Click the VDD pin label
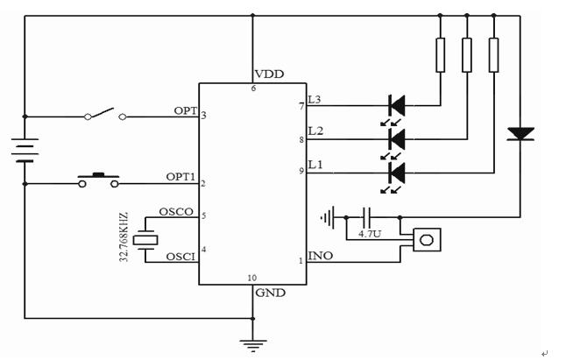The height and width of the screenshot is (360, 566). click(269, 74)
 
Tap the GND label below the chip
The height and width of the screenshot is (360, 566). click(268, 293)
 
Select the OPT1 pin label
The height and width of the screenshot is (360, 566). click(180, 177)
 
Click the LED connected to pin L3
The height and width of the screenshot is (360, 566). click(395, 106)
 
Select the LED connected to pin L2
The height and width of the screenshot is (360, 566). click(395, 138)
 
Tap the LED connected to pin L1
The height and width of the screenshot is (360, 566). click(395, 171)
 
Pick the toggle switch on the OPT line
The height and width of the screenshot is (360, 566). click(104, 115)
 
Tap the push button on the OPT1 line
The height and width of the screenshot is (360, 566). click(99, 181)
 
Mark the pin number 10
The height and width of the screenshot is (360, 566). click(252, 279)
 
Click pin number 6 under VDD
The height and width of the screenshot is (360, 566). click(254, 88)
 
